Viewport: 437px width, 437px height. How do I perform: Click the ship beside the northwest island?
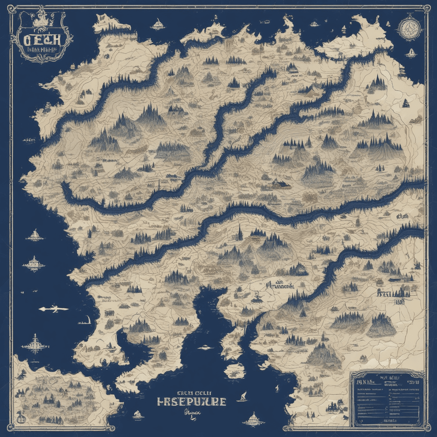point(157,24)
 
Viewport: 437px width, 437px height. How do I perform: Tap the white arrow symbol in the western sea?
point(53,309)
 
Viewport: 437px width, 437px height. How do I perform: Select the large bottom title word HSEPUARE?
point(191,401)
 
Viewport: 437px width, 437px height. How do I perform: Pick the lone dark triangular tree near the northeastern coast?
point(406,103)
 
